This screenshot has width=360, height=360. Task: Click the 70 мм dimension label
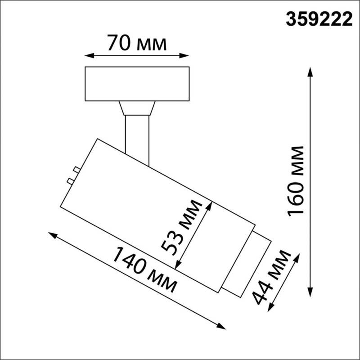(137, 43)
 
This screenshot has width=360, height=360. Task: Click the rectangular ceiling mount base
(137, 84)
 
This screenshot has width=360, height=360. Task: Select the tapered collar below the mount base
(137, 108)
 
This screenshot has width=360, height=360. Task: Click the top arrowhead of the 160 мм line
(310, 71)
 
